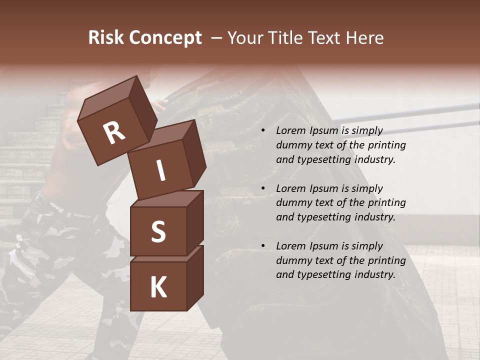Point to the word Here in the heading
[363, 38]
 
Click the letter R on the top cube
[114, 133]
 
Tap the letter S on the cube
[158, 231]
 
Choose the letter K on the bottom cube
[158, 287]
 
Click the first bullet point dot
[263, 131]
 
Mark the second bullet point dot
[263, 189]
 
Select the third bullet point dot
[263, 246]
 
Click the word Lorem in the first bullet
[290, 130]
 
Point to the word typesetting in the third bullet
[323, 274]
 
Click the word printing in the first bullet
[386, 145]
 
